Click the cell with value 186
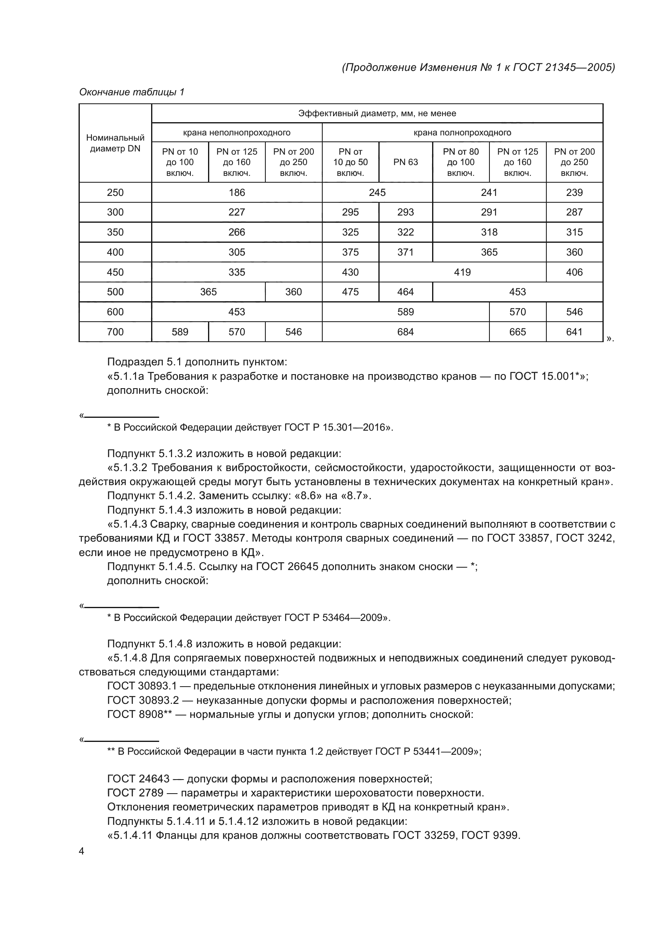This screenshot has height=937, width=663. (236, 192)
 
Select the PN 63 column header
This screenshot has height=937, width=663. (405, 162)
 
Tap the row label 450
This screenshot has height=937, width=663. (115, 272)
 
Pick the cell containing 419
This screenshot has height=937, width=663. (462, 272)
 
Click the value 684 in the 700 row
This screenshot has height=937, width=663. (405, 332)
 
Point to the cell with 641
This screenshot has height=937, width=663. (574, 332)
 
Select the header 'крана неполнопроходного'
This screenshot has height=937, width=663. (236, 133)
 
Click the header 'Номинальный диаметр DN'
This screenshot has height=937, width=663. (115, 143)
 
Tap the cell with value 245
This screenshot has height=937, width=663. (377, 192)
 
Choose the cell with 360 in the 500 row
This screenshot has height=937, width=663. (293, 292)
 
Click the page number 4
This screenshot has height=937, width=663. (81, 851)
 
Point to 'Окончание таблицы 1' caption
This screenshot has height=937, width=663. (131, 92)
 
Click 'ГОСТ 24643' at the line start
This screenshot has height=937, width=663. (138, 779)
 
